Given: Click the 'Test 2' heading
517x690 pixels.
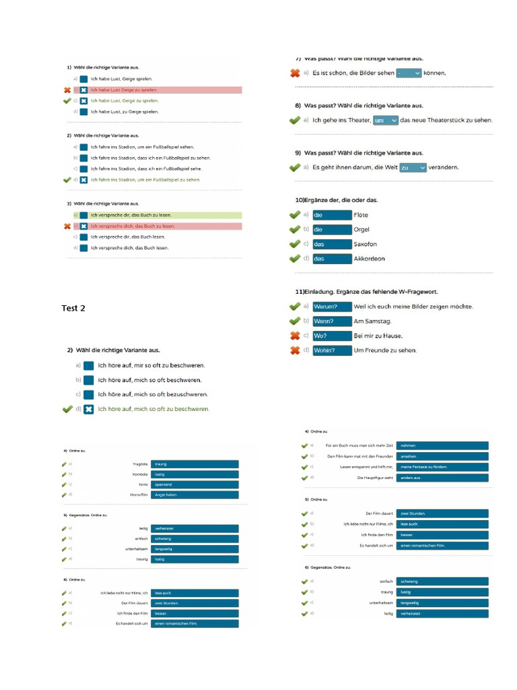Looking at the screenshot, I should tap(73, 308).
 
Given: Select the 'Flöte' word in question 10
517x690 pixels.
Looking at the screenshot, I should tap(361, 215).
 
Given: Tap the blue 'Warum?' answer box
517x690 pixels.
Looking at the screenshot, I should tap(332, 307).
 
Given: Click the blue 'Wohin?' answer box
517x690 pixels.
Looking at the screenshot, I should tap(332, 350).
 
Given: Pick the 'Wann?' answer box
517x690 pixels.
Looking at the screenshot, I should tap(332, 321).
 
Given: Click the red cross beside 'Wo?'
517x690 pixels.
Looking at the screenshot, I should tap(294, 336).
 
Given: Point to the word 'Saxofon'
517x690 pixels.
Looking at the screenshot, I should tap(365, 244).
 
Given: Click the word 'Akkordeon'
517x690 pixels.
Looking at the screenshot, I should tap(370, 259).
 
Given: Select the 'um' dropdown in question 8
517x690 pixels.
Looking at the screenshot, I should tap(385, 121).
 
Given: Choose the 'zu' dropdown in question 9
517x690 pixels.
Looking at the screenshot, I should tap(413, 168).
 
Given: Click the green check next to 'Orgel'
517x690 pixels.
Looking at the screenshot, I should tap(294, 230).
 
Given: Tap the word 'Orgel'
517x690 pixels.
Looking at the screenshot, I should tap(361, 230).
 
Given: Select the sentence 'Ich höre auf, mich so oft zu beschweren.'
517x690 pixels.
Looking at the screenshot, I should tap(153, 409).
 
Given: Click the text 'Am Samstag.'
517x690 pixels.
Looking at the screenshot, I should tap(372, 321).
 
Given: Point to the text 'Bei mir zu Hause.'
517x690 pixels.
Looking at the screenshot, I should tap(378, 336).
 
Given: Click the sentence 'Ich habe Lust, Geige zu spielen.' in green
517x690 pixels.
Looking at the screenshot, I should tap(125, 100).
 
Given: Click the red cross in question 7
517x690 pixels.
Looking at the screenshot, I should tap(295, 73).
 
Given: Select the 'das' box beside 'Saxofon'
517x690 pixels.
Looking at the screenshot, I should tap(332, 244).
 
